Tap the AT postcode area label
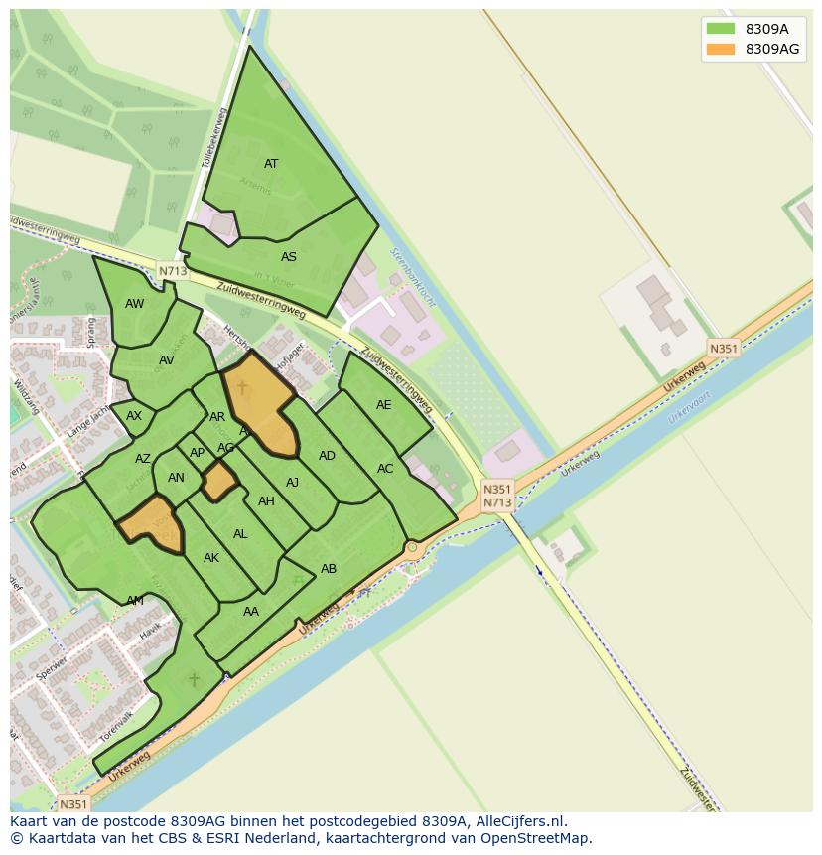coord(271,164)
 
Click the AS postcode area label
coord(288,257)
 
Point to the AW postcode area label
coord(135,304)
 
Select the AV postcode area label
coord(166,360)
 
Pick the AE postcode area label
coord(383,405)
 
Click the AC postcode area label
coord(385,469)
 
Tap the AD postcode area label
coord(327,456)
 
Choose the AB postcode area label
coord(329,569)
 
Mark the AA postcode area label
coord(251,612)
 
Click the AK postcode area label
coord(210,558)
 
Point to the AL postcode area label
coord(240,534)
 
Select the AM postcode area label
coord(135,601)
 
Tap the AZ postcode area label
coord(143,459)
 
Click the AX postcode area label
coord(134,416)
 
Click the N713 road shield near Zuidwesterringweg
coord(172,270)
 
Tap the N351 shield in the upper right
coord(724,348)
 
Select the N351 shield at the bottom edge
coord(73,804)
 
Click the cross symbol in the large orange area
coord(242,387)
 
